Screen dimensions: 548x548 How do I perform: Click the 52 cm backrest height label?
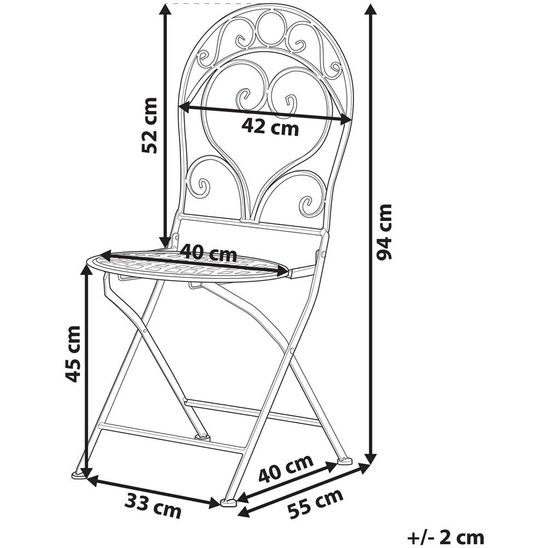click(x=149, y=126)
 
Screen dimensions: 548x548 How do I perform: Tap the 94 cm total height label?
click(x=384, y=232)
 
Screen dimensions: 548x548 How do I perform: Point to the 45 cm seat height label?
click(x=73, y=353)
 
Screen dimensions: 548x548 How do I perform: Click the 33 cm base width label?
click(x=153, y=506)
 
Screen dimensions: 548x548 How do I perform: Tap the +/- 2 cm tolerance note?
click(x=446, y=537)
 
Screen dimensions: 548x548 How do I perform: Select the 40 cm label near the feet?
click(x=286, y=469)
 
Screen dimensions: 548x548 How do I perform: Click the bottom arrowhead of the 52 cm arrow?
click(x=165, y=242)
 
